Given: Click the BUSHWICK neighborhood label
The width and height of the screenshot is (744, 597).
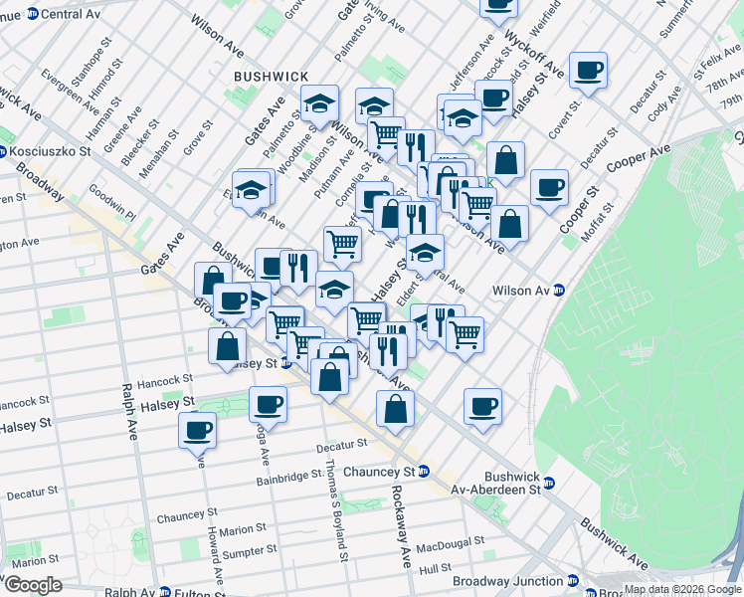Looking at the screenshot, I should pos(272,77).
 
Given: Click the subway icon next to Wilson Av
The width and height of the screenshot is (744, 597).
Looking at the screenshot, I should pos(559,291).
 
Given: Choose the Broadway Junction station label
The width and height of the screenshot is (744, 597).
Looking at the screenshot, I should pos(499,581).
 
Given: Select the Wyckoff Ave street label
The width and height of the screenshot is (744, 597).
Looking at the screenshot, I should pos(536,54).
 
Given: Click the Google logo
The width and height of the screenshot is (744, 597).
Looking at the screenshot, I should pos(33,585).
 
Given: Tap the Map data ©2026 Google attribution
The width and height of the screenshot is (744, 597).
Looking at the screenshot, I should pos(681,589).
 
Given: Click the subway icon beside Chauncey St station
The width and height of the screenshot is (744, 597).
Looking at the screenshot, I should pos(424,471).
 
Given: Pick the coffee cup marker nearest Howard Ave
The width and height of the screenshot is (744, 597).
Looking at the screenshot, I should pos(197,429).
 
